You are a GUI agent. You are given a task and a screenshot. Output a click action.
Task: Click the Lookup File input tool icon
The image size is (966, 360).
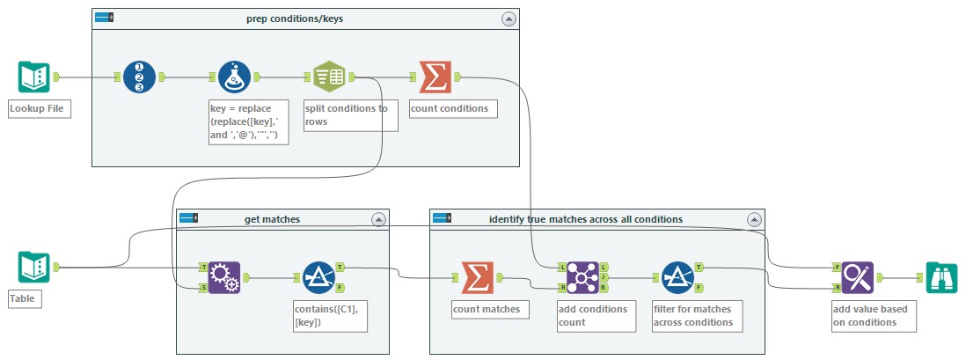[34, 77]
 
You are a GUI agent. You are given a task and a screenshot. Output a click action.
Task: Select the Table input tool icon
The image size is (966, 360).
[34, 267]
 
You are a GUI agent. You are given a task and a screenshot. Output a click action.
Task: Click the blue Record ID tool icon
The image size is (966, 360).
[139, 77]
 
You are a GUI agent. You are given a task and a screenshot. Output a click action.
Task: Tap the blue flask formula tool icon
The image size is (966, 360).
[234, 77]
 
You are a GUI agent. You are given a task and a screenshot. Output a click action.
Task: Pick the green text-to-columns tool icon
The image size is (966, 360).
[329, 77]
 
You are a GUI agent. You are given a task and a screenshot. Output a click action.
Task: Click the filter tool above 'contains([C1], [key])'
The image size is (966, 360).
[318, 277]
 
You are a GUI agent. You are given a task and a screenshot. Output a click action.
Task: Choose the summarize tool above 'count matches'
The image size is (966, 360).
[477, 277]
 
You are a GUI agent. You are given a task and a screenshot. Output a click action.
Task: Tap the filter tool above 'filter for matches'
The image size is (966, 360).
[677, 277]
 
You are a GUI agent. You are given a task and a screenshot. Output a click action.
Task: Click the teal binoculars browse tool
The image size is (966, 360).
[941, 277]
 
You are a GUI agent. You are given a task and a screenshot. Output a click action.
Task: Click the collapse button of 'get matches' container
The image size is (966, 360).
[378, 218]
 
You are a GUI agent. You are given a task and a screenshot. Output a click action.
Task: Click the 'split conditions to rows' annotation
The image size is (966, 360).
[350, 115]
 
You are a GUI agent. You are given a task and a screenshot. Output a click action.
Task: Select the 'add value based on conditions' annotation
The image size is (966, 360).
[875, 315]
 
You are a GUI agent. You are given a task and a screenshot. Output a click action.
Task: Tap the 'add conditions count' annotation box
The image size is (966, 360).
[596, 315]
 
